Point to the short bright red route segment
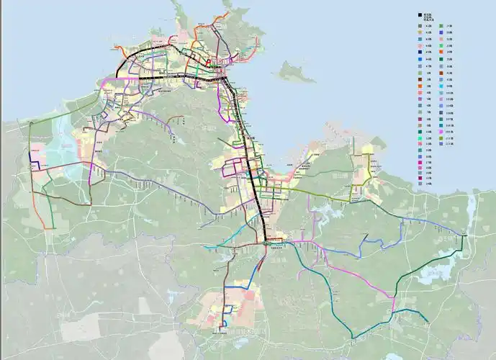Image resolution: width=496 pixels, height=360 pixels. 209,63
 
